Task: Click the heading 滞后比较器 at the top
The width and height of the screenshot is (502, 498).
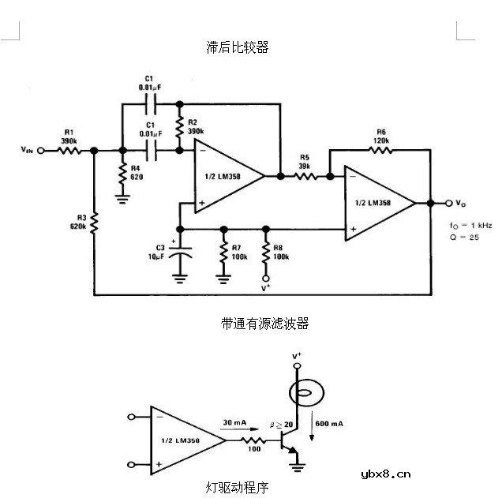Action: (237, 47)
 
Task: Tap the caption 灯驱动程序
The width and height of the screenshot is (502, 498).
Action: (237, 488)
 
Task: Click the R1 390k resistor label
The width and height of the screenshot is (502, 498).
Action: (68, 136)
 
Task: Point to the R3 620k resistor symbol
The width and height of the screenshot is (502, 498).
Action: (94, 224)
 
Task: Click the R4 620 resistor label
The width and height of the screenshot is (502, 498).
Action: (137, 173)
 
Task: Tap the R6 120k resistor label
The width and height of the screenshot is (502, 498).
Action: (381, 134)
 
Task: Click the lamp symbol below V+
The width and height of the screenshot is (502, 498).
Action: (298, 393)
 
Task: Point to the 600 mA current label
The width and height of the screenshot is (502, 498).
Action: (330, 424)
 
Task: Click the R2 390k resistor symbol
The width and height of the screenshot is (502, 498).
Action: (180, 126)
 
